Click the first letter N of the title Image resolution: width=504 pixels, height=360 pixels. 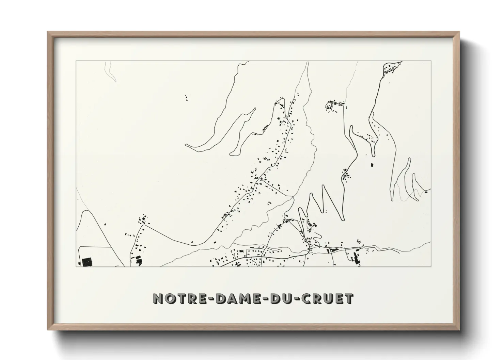(158, 298)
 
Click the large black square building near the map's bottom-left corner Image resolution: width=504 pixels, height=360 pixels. (87, 262)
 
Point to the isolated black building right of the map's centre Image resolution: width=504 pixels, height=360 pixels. (372, 165)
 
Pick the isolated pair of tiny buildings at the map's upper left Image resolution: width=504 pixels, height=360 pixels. (186, 98)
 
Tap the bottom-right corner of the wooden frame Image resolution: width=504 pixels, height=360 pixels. (459, 329)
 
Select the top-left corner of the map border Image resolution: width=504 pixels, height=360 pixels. (76, 61)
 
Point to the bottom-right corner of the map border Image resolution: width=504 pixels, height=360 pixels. (431, 266)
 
